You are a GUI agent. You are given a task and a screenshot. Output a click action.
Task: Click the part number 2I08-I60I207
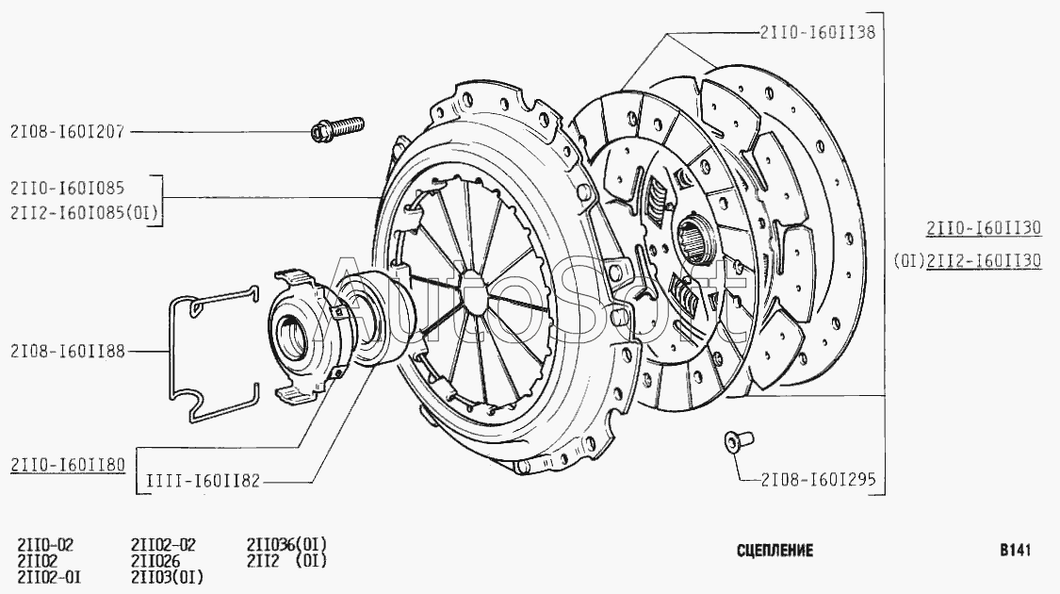pos(67,131)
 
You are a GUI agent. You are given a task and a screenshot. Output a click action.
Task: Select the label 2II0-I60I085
pos(67,188)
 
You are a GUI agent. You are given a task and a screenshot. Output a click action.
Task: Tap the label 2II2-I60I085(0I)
pos(84,213)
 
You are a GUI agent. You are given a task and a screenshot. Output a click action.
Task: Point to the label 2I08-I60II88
pos(68,351)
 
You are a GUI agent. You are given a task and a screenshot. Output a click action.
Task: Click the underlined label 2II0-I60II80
pos(68,465)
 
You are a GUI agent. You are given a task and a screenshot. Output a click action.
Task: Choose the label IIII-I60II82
pos(203,481)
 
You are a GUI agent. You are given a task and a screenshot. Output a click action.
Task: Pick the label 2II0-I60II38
pos(817,32)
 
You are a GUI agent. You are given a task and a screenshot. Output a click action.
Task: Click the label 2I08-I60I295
pos(818,480)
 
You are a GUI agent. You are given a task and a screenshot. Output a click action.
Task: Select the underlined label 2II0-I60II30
pos(984,228)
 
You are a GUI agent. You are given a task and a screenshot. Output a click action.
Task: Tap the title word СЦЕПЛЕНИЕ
pos(775,550)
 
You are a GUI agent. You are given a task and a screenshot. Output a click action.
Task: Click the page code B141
pos(1016,550)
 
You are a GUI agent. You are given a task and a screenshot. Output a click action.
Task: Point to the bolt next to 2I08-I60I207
pos(337,128)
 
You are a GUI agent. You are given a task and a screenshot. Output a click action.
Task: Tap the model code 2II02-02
pos(163,545)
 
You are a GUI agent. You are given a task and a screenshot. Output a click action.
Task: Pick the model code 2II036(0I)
pos(286,545)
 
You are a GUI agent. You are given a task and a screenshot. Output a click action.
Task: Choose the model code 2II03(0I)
pos(167,577)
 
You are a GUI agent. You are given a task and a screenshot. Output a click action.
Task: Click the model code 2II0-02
pos(45,545)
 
